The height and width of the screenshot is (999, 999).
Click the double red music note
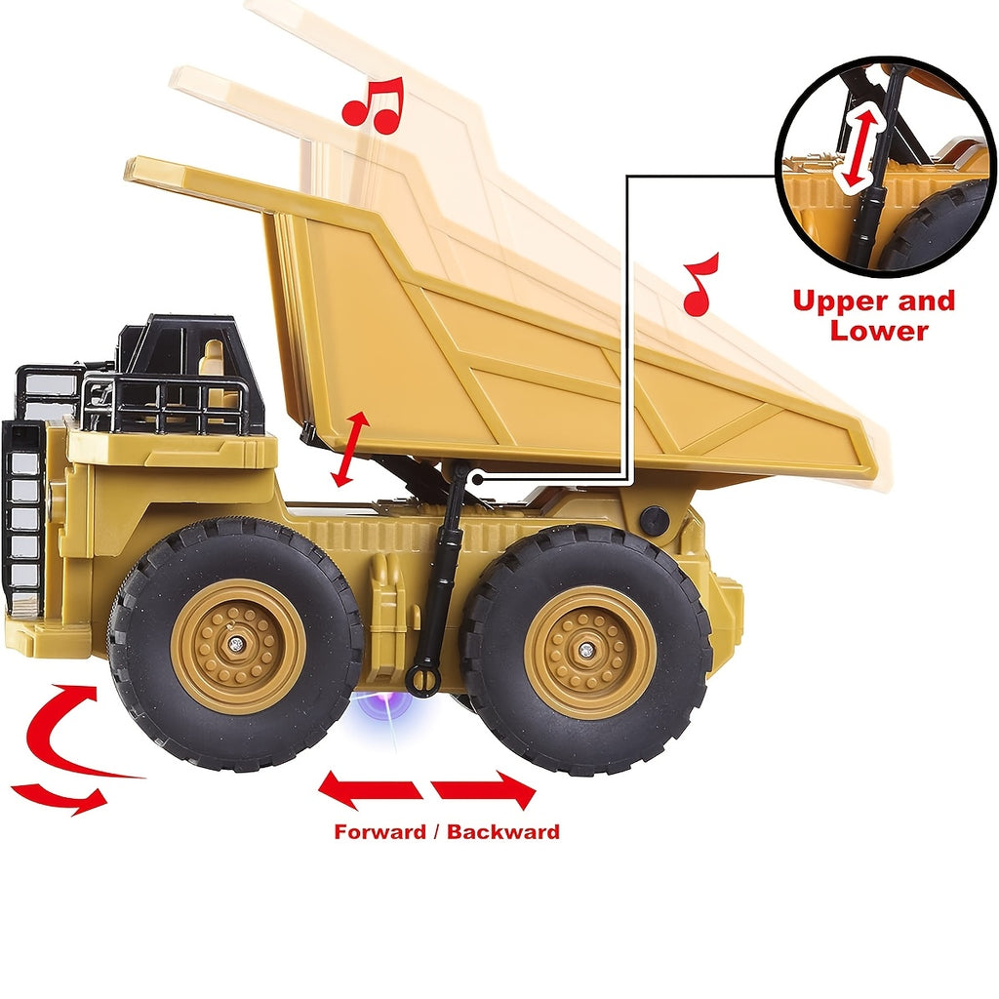click(x=374, y=105)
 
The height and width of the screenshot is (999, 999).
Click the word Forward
click(x=380, y=832)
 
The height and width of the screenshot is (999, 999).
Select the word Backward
click(x=502, y=832)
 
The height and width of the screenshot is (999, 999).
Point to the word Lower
click(x=879, y=331)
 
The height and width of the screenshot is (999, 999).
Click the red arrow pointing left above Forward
click(x=370, y=789)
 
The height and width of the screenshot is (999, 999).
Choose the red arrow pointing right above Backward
click(x=484, y=790)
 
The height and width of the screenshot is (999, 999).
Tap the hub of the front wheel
click(x=237, y=646)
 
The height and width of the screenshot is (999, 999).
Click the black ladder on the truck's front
click(x=23, y=516)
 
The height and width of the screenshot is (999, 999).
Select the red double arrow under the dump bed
click(x=350, y=449)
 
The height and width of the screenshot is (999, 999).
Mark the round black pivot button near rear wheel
click(x=653, y=520)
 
